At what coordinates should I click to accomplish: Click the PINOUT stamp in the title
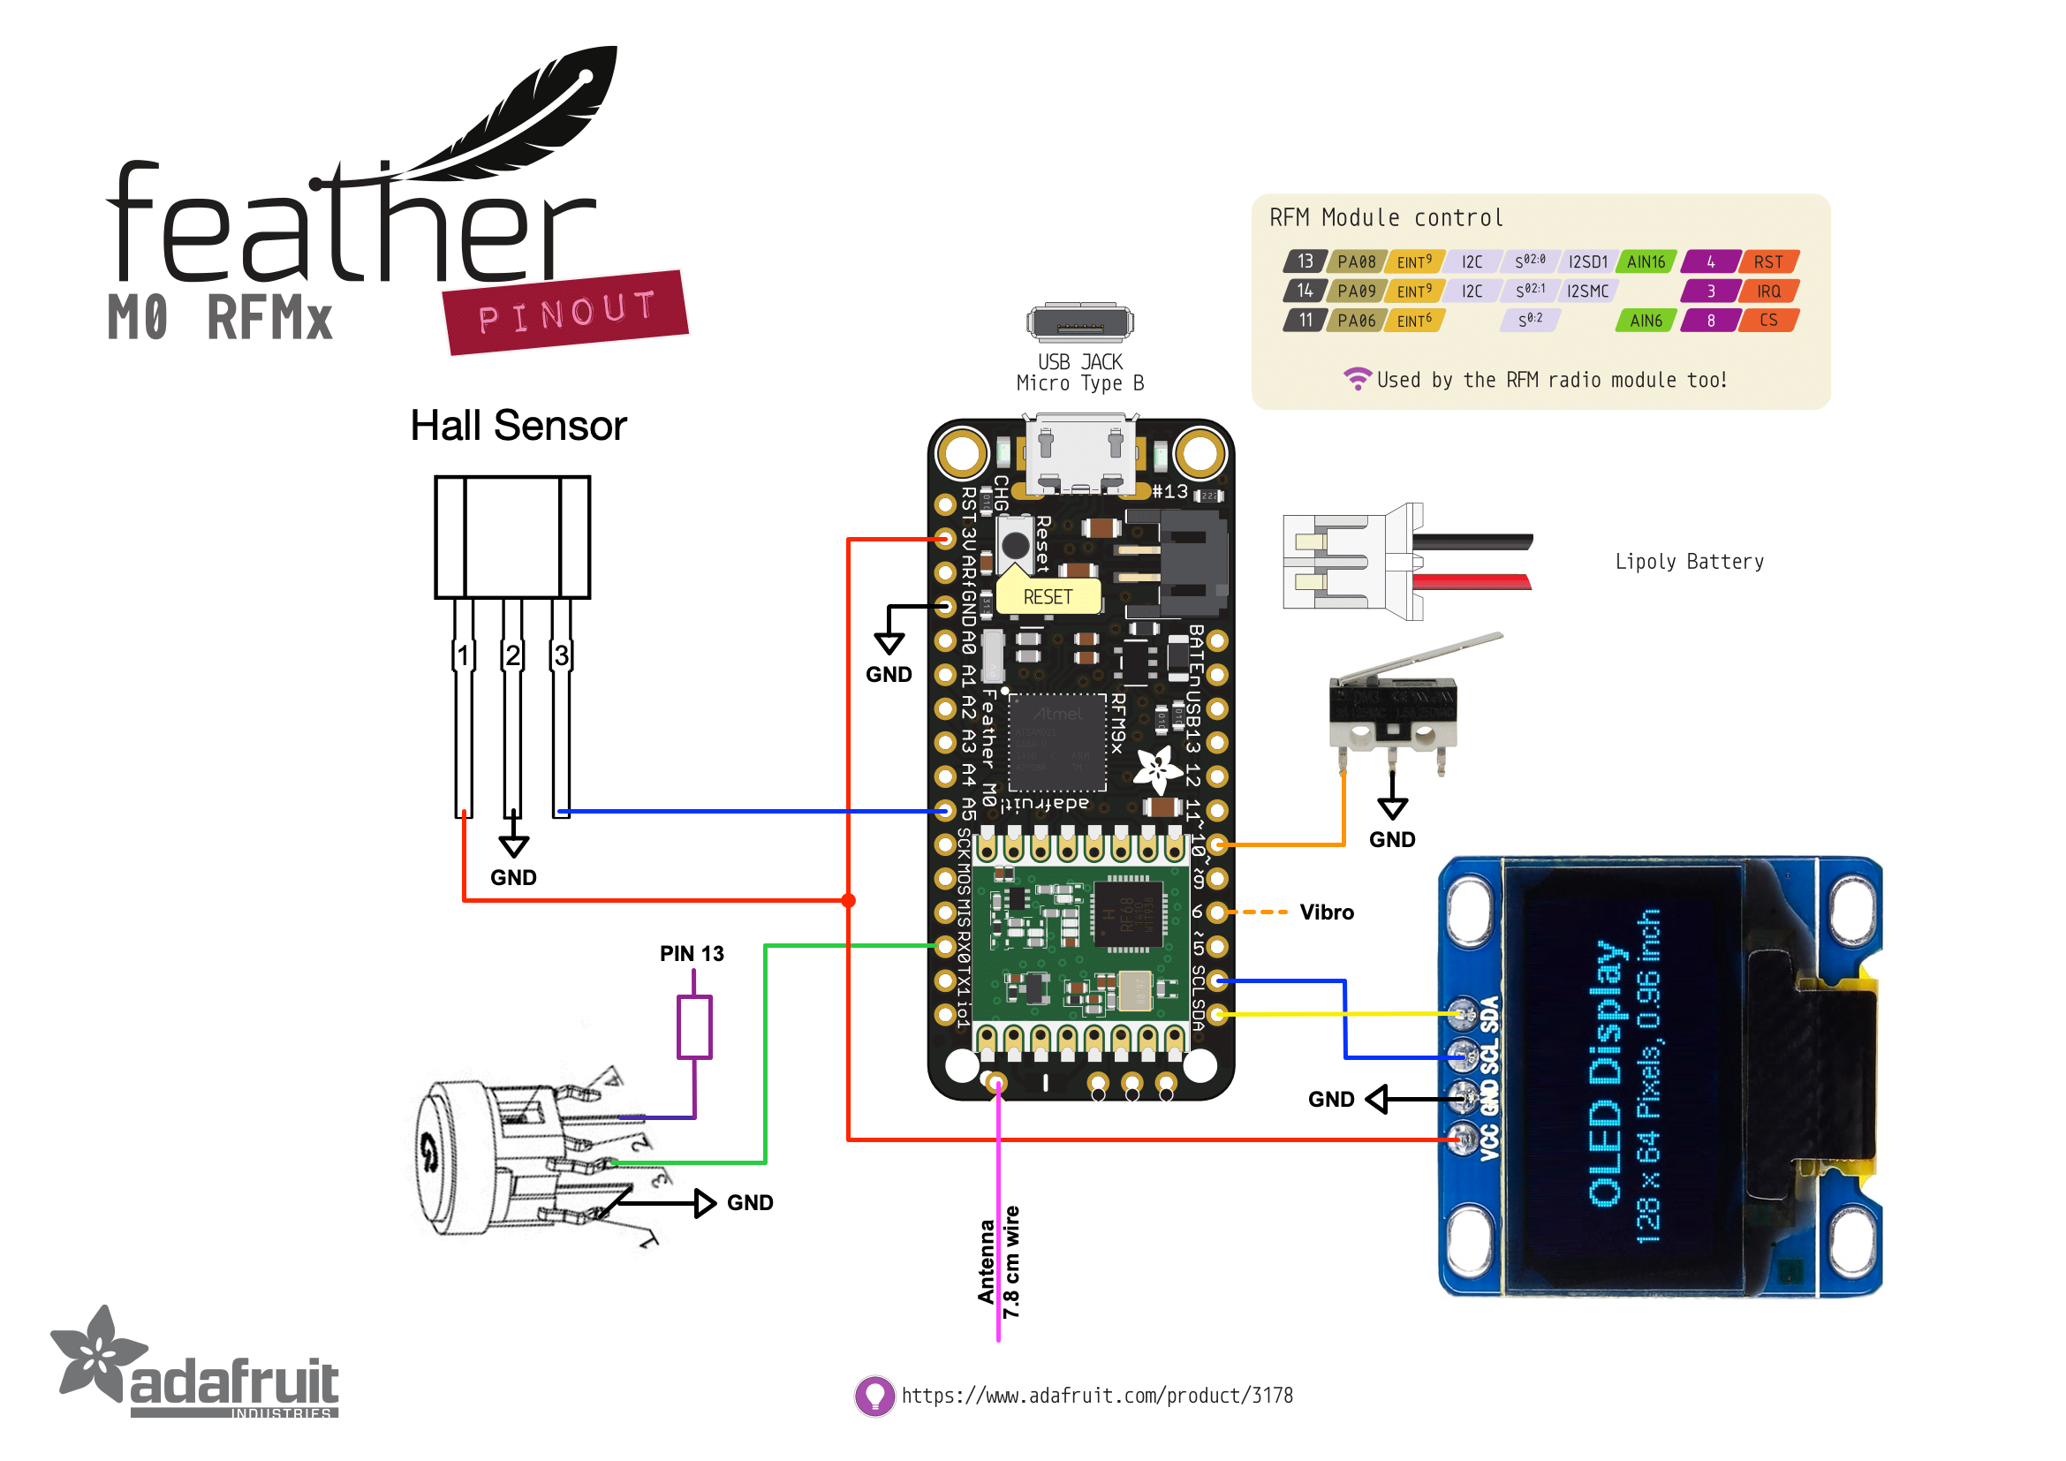[x=566, y=312]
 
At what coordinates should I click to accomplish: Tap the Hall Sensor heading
[x=518, y=426]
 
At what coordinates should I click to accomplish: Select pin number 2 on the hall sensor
[x=512, y=655]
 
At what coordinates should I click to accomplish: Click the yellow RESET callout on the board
[x=1048, y=596]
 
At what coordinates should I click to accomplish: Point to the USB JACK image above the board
[x=1079, y=323]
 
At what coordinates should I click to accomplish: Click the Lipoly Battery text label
[x=1689, y=562]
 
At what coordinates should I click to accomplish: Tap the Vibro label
[x=1327, y=912]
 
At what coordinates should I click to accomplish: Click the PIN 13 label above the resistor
[x=691, y=954]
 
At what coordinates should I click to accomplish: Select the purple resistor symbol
[x=693, y=1026]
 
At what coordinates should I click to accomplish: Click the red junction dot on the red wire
[x=849, y=900]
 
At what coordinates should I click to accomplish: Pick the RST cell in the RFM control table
[x=1768, y=261]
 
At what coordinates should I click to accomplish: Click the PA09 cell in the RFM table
[x=1356, y=291]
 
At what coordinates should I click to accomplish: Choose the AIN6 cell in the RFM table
[x=1646, y=321]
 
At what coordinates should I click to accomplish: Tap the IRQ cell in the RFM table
[x=1768, y=291]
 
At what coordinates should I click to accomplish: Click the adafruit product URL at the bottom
[x=1097, y=1396]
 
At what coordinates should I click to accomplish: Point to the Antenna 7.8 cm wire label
[x=999, y=1262]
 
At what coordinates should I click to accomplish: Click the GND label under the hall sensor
[x=513, y=877]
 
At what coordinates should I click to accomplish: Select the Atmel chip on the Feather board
[x=1057, y=742]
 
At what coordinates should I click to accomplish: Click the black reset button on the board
[x=1015, y=544]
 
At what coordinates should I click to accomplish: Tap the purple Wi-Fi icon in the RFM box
[x=1357, y=379]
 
